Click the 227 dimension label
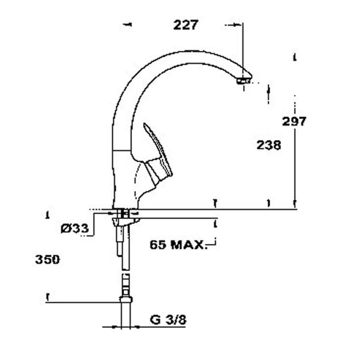(x=186, y=25)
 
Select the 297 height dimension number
(x=294, y=121)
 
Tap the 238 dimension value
(x=269, y=145)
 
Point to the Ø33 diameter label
(x=75, y=228)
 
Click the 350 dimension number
(x=47, y=260)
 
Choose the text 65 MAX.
(x=177, y=245)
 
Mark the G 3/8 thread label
(x=168, y=320)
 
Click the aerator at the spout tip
(x=243, y=81)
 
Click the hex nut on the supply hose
(x=126, y=299)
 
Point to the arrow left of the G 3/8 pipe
(x=116, y=327)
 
